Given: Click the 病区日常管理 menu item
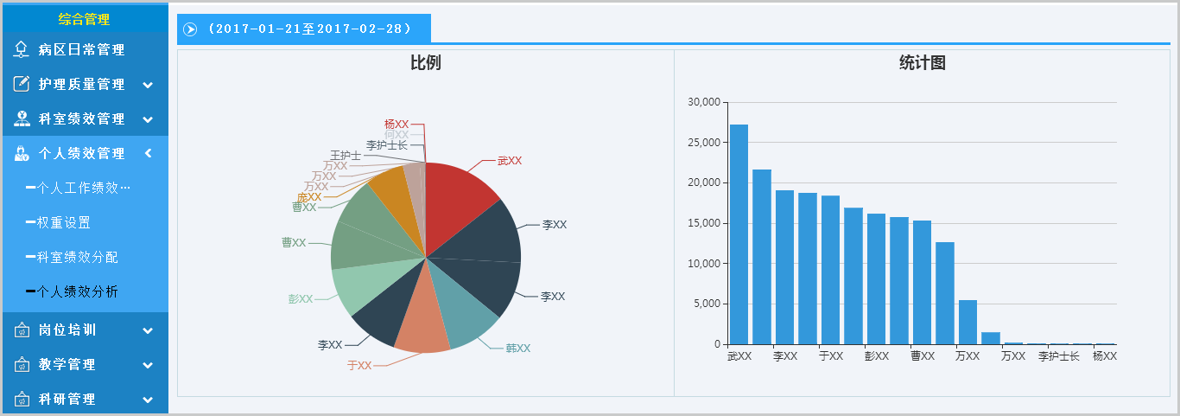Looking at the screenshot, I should [x=81, y=50].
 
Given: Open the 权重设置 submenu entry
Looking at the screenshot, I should [x=63, y=222].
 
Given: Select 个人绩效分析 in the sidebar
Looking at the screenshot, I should [x=77, y=291].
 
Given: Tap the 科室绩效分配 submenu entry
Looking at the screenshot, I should [x=77, y=257].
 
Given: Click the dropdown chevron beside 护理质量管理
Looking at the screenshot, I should [x=148, y=85].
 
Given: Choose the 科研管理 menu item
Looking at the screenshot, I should [x=67, y=399].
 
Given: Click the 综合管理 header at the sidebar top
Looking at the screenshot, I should [x=84, y=19].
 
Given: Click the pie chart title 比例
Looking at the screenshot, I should [x=426, y=63].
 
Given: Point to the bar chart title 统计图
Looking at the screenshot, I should [x=922, y=63].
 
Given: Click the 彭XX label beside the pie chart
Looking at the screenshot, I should [x=300, y=299].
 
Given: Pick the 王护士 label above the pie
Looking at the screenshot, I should [x=346, y=156].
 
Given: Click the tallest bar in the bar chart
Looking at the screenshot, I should [x=739, y=234].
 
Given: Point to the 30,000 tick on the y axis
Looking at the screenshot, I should [x=704, y=102].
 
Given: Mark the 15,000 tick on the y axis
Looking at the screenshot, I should [x=704, y=223].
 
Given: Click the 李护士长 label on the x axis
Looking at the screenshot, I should [x=1058, y=356].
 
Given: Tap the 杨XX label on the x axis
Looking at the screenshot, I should [x=1104, y=356].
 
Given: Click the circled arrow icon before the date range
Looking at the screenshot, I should [x=190, y=29].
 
